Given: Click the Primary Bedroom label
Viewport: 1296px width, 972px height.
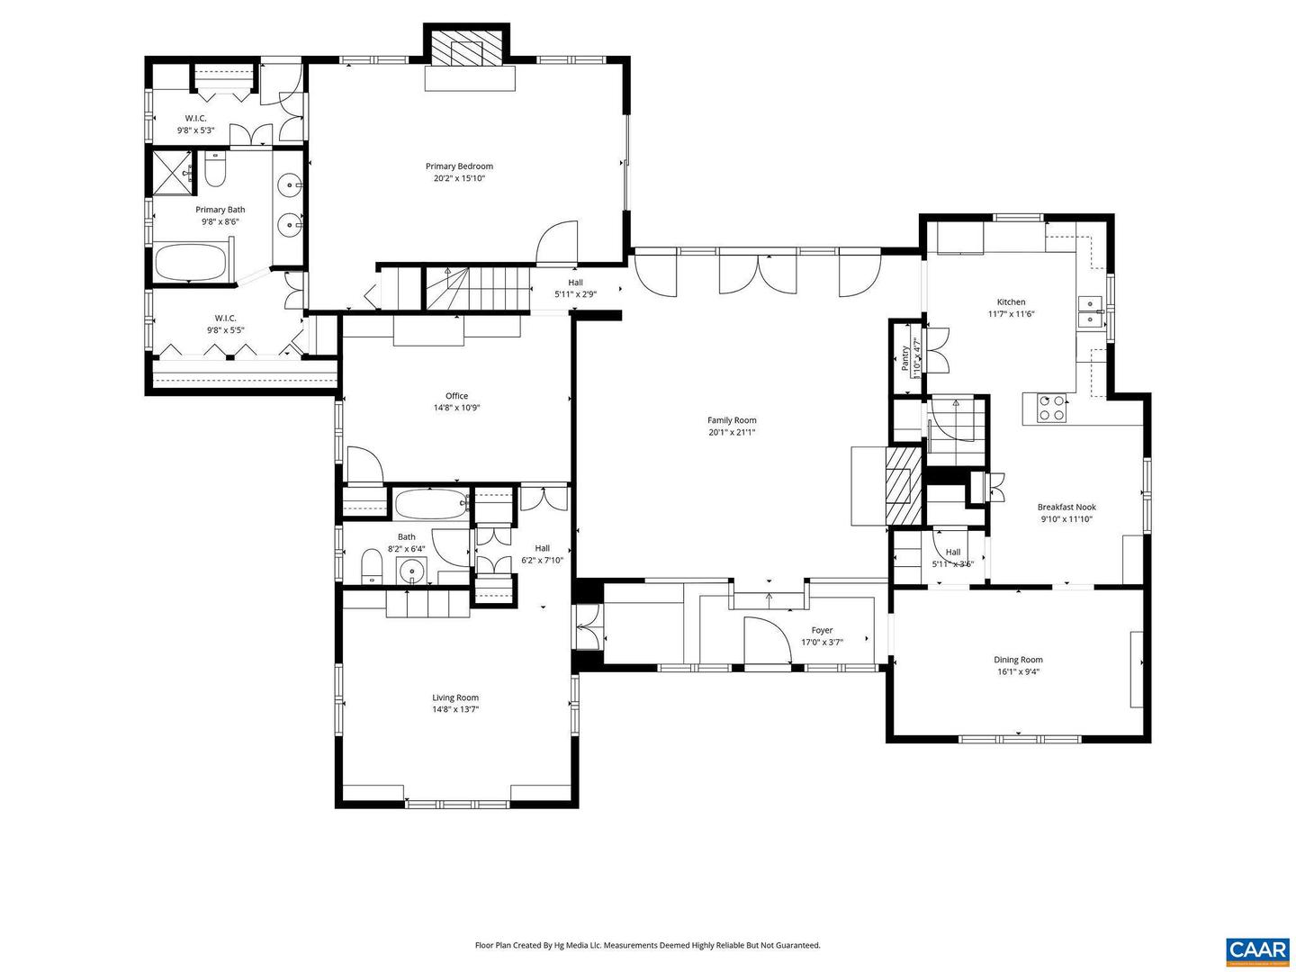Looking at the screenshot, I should coord(459,166).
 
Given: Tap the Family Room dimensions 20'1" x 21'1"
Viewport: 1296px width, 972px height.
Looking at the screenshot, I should coord(731,432).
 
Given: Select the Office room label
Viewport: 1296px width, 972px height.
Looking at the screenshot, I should coord(456,396).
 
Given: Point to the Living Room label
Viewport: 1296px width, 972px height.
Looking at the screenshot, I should coord(455,697).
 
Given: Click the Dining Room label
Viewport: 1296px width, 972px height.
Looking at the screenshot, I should coord(1018,660).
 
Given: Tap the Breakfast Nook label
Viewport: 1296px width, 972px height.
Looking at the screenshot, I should coord(1066,507).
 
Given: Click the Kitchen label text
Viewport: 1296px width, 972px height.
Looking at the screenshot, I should coord(1011,302).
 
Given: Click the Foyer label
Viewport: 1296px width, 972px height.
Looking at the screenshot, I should coord(822,630).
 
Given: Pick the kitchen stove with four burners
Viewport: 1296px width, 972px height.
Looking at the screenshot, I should coord(1052,409).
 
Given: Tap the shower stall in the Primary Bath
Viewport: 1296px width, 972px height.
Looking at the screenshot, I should coord(170,173).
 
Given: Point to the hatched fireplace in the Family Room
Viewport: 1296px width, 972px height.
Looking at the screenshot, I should coord(902,486).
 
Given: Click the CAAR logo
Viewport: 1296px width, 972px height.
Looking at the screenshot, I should coord(1256,950).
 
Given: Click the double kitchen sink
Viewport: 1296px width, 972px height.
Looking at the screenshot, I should coord(1090,311).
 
